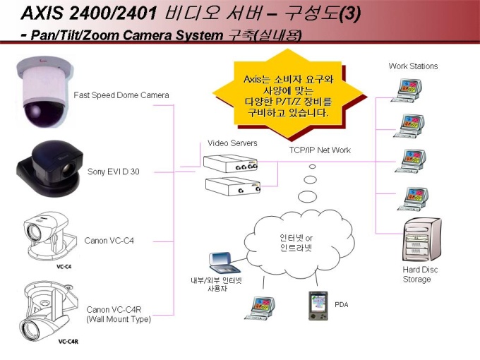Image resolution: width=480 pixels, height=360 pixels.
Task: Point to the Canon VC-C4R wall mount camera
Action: click(46, 310)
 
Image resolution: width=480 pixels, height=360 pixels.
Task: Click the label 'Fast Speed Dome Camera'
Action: click(121, 95)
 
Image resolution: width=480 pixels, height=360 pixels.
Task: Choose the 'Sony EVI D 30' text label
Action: click(114, 172)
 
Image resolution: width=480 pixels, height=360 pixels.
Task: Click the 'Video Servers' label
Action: click(232, 143)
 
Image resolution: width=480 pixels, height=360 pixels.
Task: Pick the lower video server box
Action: click(231, 186)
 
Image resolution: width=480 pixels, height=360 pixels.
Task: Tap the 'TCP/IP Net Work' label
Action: click(320, 150)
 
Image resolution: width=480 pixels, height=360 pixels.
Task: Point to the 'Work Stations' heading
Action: click(413, 66)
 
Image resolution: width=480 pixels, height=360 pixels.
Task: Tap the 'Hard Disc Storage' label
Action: click(416, 275)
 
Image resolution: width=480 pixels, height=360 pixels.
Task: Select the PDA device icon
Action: click(317, 304)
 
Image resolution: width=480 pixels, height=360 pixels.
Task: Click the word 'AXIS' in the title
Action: click(41, 13)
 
